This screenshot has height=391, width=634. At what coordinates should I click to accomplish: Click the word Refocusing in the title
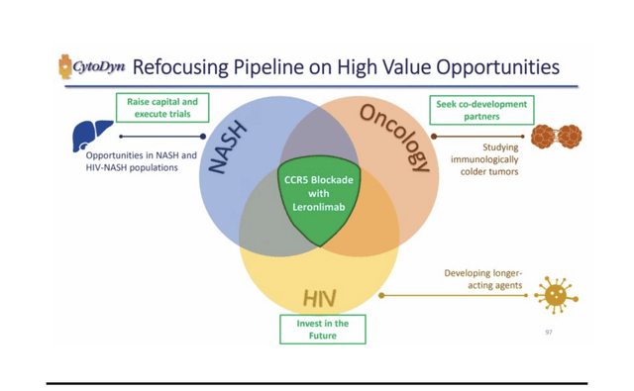point(179,67)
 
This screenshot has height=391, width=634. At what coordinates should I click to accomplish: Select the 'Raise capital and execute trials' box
point(162,108)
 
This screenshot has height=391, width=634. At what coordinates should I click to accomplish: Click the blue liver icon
point(92,136)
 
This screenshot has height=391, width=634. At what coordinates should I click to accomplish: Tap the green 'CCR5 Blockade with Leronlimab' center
point(318,194)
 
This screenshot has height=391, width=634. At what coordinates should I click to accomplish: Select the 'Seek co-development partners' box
point(481,109)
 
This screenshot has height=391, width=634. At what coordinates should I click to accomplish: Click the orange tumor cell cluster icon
point(555,137)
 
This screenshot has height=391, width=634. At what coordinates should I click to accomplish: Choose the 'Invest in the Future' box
point(322,330)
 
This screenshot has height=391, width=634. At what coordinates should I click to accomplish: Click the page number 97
point(549,332)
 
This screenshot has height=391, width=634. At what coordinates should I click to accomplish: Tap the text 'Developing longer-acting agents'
point(482,279)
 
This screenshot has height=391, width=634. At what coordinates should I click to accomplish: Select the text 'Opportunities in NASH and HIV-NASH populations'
point(141,161)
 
